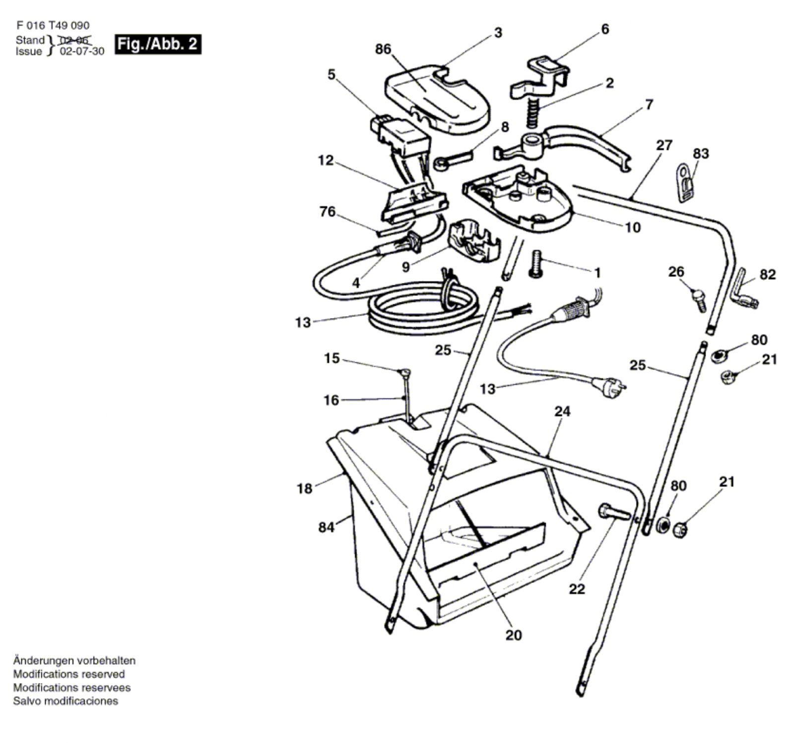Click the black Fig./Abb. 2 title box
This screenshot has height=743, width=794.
point(158,44)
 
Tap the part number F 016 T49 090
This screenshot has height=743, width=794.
point(53,25)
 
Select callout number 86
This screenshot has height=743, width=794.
point(383,49)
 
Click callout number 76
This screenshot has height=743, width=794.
point(328,211)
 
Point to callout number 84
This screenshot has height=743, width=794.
point(326,527)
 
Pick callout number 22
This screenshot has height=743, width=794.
point(577,589)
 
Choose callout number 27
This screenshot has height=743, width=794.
point(664,145)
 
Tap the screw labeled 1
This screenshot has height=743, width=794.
point(536,264)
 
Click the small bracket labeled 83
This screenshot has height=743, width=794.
point(685,183)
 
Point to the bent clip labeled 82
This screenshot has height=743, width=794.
point(743,289)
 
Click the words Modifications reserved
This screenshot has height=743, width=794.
point(69,674)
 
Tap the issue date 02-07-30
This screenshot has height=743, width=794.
point(82,51)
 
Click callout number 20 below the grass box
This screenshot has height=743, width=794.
point(514,635)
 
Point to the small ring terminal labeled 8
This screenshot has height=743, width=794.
point(452,159)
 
